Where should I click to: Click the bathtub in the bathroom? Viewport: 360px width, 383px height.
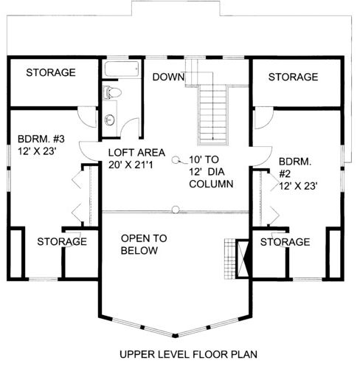[122, 69]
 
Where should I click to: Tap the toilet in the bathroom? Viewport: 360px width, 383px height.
[112, 93]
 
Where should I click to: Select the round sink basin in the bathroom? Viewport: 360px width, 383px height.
[109, 120]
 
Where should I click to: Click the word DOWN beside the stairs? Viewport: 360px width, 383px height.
[168, 77]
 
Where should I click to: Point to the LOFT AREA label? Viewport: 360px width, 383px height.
[136, 153]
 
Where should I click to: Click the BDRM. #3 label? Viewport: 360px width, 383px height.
[41, 139]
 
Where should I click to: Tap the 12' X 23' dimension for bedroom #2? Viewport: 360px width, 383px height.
[297, 186]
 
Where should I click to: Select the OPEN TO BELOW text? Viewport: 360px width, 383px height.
[144, 244]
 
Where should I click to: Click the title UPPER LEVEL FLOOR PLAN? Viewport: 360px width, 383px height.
[188, 354]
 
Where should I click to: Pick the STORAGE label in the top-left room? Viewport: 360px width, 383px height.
[51, 72]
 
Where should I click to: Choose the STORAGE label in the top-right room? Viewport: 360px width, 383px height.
[293, 77]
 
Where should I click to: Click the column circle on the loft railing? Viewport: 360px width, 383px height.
[176, 210]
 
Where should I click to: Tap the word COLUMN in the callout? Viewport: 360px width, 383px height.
[211, 184]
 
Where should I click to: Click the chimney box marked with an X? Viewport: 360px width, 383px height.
[243, 259]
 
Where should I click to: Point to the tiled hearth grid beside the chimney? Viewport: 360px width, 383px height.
[230, 259]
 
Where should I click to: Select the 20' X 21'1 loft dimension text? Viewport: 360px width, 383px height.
[131, 165]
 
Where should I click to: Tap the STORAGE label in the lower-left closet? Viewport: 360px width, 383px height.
[62, 242]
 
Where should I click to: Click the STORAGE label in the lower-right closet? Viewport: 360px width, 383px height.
[285, 242]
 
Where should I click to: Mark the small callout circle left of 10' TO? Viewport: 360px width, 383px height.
[176, 160]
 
